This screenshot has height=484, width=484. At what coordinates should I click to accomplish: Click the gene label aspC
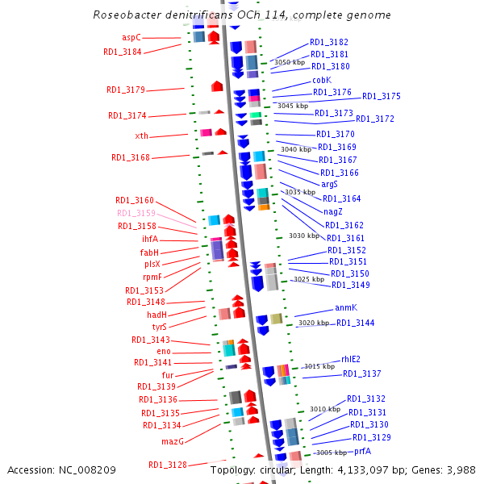131,37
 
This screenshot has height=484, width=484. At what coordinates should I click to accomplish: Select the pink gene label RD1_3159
136,213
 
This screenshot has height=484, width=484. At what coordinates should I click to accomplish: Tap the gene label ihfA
150,239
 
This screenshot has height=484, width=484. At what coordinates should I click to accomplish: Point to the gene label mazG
173,441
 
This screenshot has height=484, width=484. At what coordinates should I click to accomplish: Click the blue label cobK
322,80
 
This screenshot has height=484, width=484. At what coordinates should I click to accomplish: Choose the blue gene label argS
329,185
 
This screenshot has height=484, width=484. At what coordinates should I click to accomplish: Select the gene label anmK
345,308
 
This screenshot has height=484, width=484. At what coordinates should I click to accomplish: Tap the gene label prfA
362,451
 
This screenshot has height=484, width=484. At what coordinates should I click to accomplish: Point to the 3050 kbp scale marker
290,62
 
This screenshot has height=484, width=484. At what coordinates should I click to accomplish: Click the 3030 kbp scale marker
303,236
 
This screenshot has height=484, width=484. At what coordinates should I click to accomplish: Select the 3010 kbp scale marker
325,409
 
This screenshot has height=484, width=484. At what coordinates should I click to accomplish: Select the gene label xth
141,136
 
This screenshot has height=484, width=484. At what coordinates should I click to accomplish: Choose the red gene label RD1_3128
167,465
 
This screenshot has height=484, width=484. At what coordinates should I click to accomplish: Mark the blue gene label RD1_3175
381,96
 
